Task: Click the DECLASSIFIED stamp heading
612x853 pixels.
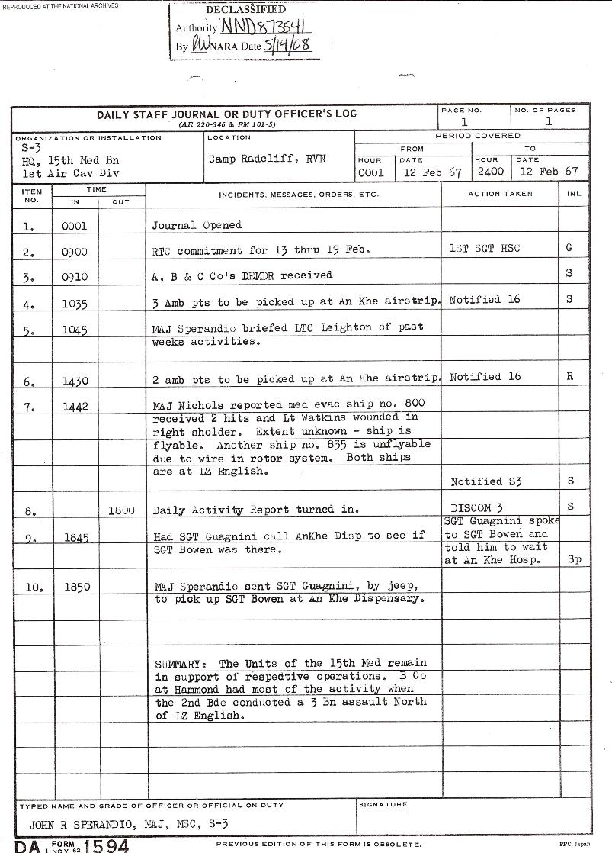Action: [245, 10]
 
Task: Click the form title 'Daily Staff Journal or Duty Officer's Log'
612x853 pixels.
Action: [226, 114]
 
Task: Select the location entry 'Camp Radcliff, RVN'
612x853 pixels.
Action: [267, 159]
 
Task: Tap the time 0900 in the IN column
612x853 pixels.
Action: [75, 251]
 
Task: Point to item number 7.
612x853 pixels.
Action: [30, 407]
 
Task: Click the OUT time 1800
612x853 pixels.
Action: [121, 510]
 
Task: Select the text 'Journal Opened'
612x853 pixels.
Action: [197, 225]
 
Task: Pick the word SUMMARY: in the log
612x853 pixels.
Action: [184, 663]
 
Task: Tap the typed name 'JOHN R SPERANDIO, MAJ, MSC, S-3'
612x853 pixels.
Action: [128, 824]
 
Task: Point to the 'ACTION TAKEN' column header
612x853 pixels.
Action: [500, 194]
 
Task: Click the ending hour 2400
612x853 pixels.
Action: [489, 172]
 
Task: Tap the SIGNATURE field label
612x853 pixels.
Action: [383, 804]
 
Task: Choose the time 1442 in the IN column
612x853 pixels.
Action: [75, 407]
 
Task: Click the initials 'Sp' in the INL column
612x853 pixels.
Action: [574, 559]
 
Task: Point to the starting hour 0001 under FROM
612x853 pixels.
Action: [371, 172]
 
